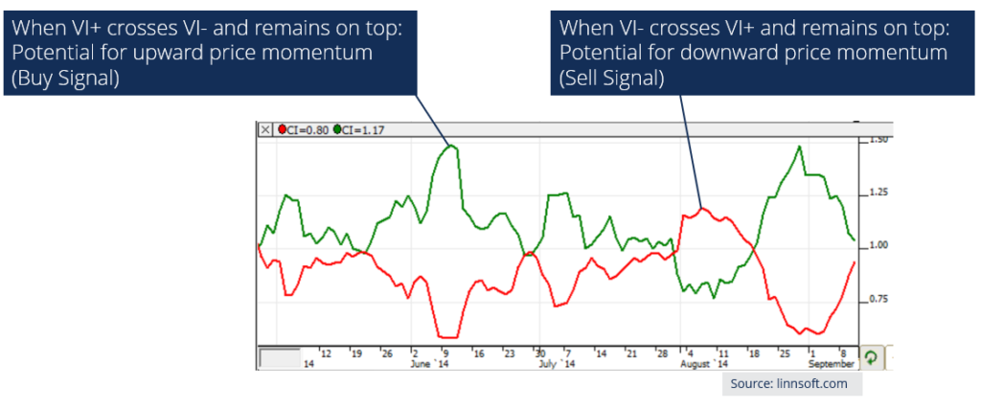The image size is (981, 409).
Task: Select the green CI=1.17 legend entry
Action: (360, 131)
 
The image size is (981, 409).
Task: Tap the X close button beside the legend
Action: (265, 131)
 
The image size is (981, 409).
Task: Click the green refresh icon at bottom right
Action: (871, 356)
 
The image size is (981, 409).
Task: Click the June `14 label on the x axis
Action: (427, 364)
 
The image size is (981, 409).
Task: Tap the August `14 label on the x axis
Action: (704, 364)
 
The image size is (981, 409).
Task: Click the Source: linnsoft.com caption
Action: (791, 383)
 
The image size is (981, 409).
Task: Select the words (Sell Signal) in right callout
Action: (612, 80)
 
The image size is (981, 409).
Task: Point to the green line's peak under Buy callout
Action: (450, 146)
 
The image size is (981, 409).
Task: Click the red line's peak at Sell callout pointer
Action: (701, 208)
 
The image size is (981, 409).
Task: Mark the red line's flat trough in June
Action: (447, 337)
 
